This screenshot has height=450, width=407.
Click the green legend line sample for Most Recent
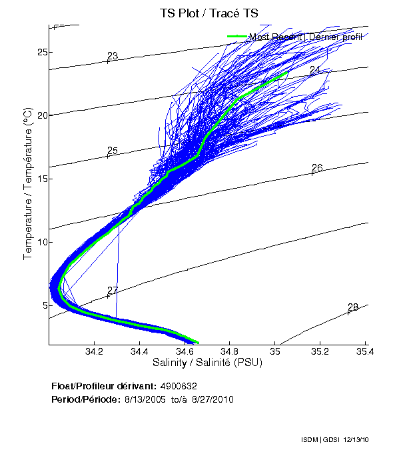[x=237, y=37]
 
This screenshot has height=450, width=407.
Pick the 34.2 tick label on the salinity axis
[x=94, y=352]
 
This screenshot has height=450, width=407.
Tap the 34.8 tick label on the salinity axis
[x=229, y=352]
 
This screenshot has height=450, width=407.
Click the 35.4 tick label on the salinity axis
[x=364, y=352]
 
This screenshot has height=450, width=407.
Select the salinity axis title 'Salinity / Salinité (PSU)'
[x=208, y=363]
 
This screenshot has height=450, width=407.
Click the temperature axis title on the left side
[x=29, y=185]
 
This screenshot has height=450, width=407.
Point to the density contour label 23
[x=112, y=56]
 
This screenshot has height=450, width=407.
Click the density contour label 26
[x=317, y=168]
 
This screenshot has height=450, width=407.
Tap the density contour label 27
[x=112, y=291]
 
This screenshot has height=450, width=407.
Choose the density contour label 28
[x=352, y=307]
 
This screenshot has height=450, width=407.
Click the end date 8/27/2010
[x=212, y=399]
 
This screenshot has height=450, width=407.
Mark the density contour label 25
[x=112, y=151]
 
